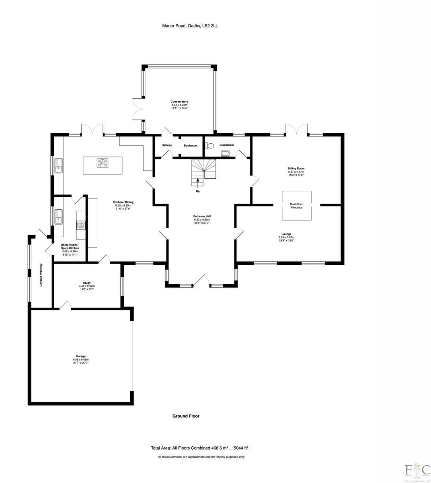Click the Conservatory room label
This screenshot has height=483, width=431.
pos(179,101)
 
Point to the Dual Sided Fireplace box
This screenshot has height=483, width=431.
pos(296,206)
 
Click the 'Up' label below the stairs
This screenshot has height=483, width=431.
pos(197,191)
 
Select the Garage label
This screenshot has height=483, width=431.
pos(80,356)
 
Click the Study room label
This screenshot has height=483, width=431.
pos(86,283)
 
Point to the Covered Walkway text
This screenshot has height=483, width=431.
pos(41,275)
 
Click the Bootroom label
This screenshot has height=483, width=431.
pos(190,145)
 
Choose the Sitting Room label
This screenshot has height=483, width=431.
pos(296,168)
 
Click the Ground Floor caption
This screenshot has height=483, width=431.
pos(186,416)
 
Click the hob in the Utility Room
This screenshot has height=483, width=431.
pos(81,225)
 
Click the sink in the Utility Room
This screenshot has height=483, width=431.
pos(59,217)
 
